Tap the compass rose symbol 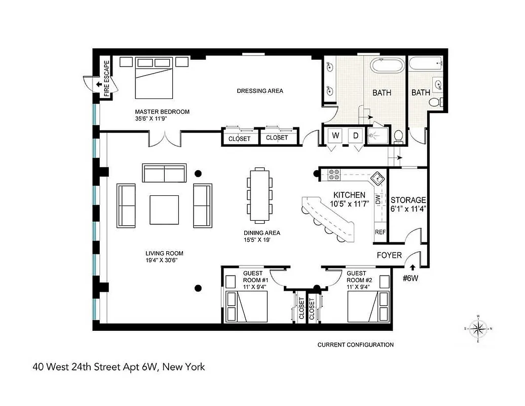478,328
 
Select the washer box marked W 335,136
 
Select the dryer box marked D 356,136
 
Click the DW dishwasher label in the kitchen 378,199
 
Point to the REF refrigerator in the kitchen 380,232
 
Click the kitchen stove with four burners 334,175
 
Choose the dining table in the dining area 259,195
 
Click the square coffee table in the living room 164,210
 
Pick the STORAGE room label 408,200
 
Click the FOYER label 389,255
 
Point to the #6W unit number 410,278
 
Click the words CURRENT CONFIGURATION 355,345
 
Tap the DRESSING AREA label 260,91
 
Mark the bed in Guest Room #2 368,306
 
